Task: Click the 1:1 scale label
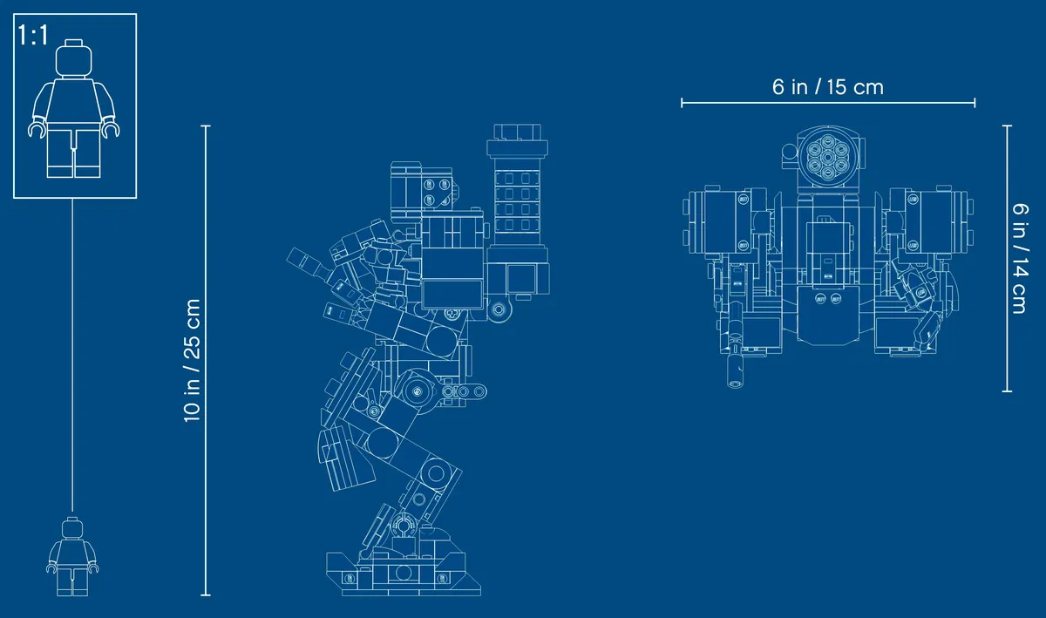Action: (x=33, y=35)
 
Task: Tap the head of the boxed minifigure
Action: (x=74, y=58)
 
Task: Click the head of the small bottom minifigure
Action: (x=72, y=527)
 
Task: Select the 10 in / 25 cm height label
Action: (x=192, y=360)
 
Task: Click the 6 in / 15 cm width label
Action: (x=827, y=87)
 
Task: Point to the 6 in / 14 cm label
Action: (x=1021, y=258)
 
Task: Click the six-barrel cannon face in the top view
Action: (x=827, y=157)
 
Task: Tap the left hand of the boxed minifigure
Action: (x=37, y=128)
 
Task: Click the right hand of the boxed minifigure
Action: (x=111, y=128)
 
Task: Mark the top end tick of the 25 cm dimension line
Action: (x=206, y=126)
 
